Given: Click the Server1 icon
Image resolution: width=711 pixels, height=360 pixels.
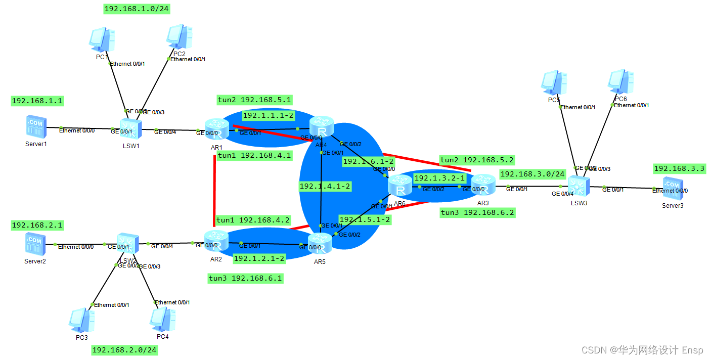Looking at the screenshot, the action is (x=36, y=127).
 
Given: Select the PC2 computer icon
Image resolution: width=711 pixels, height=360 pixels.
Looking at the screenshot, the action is (x=180, y=37).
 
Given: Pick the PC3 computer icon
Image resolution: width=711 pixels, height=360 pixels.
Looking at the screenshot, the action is (x=81, y=320).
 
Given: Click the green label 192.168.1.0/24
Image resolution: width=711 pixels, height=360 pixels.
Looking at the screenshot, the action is (x=136, y=9).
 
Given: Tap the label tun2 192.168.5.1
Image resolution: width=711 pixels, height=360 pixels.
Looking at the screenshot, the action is (x=254, y=100).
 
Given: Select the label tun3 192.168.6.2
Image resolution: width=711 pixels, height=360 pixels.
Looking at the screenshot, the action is (x=477, y=213).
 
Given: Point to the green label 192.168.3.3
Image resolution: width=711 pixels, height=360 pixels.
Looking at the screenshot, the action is (x=679, y=168).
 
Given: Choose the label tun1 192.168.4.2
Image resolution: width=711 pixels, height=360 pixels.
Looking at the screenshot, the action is (x=253, y=220).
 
